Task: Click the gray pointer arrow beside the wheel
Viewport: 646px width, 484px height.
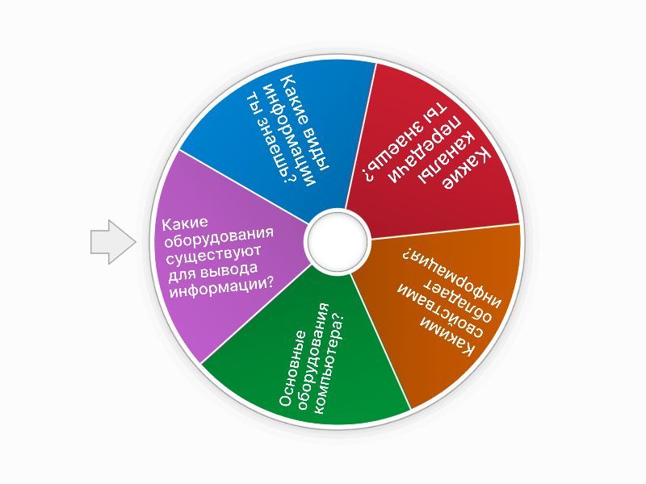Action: click(x=113, y=242)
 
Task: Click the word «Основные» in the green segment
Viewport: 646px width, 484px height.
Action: click(x=293, y=368)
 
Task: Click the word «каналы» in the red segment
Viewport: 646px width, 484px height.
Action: click(x=448, y=156)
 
